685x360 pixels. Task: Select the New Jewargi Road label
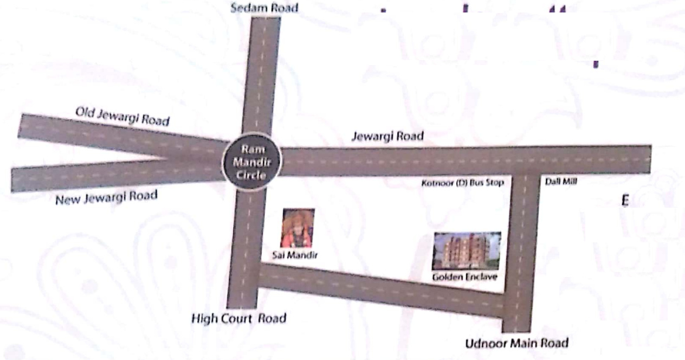click(x=106, y=198)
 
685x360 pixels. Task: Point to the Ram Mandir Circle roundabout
click(x=251, y=161)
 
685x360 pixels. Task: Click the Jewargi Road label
click(x=387, y=136)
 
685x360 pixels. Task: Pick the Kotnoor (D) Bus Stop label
click(x=462, y=183)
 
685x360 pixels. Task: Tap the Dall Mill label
click(x=560, y=182)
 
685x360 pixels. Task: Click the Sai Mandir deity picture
click(x=298, y=228)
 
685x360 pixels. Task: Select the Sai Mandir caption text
click(x=295, y=254)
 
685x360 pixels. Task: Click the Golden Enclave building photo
click(x=466, y=250)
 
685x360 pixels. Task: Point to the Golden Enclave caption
click(x=464, y=277)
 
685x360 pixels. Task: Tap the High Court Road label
click(x=238, y=318)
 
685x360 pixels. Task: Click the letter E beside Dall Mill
click(x=624, y=201)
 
